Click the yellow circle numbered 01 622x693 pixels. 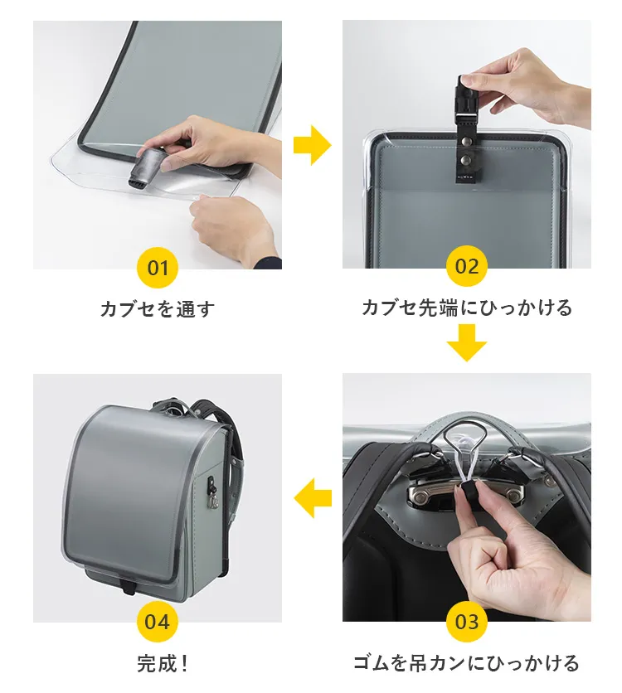pyautogui.click(x=158, y=268)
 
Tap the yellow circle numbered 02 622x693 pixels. pyautogui.click(x=467, y=266)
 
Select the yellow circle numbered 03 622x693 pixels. pyautogui.click(x=467, y=622)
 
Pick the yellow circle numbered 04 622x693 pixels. pyautogui.click(x=158, y=622)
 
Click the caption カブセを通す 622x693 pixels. pyautogui.click(x=158, y=309)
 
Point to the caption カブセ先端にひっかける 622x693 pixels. pyautogui.click(x=467, y=308)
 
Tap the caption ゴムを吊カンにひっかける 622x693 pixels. pyautogui.click(x=467, y=663)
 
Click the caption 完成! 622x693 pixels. pyautogui.click(x=163, y=663)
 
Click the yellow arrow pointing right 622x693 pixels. pyautogui.click(x=312, y=145)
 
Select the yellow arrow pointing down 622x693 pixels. pyautogui.click(x=467, y=342)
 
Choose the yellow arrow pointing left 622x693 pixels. pyautogui.click(x=313, y=498)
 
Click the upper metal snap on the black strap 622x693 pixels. pyautogui.click(x=464, y=142)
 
